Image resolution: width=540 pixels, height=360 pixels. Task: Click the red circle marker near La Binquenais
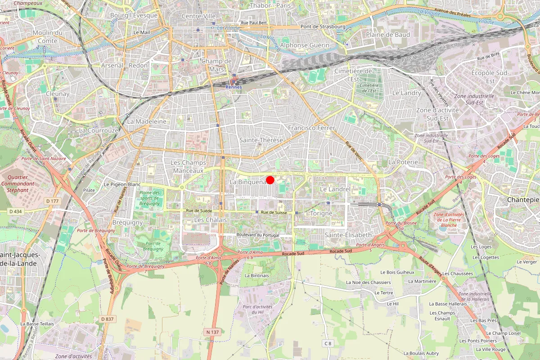click(x=270, y=180)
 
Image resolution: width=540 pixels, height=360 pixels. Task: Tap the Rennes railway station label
click(x=233, y=87)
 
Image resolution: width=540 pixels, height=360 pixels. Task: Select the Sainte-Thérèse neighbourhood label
click(x=261, y=140)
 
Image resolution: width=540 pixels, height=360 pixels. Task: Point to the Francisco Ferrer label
click(x=312, y=128)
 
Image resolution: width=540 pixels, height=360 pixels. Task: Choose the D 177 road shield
click(x=53, y=200)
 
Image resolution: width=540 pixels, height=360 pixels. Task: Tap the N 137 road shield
click(x=212, y=332)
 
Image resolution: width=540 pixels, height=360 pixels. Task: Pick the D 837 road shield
click(x=107, y=319)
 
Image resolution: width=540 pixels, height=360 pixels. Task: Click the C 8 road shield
click(x=328, y=343)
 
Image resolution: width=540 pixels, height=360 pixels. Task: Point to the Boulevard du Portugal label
click(x=258, y=235)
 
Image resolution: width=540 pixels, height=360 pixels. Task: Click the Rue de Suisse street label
click(x=274, y=212)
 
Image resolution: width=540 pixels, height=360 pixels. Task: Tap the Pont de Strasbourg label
click(x=323, y=27)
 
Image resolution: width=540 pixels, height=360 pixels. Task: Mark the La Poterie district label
click(x=403, y=162)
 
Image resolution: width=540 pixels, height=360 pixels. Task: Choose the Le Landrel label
click(x=335, y=189)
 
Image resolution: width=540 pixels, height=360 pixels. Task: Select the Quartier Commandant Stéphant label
click(x=18, y=184)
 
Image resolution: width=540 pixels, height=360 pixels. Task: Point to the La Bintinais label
click(x=256, y=275)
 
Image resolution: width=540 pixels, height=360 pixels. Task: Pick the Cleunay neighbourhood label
click(x=58, y=94)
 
